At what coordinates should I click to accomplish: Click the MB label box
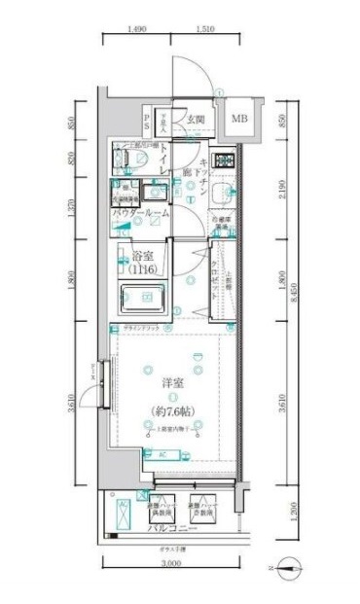[x=239, y=120]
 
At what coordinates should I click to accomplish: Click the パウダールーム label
[x=140, y=212]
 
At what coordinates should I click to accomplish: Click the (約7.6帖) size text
[x=175, y=411]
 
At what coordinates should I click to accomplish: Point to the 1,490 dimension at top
[x=138, y=30]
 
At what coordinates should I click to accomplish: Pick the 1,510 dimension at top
[x=205, y=30]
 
